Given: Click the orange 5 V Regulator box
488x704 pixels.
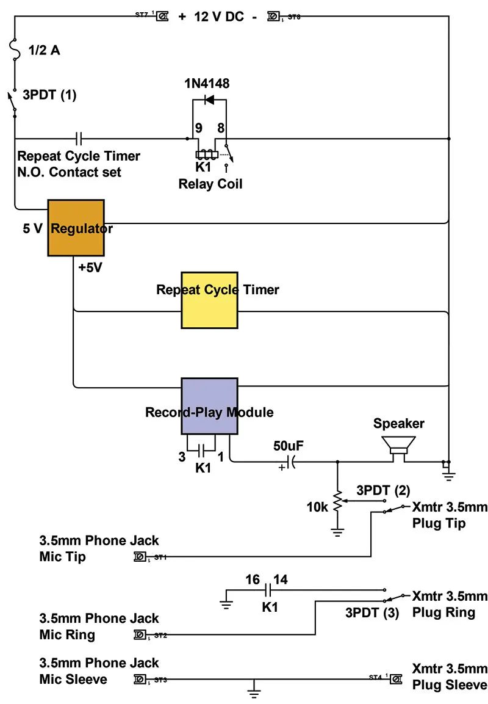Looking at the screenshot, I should click(76, 227).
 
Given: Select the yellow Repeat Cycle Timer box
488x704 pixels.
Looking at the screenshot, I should click(209, 300).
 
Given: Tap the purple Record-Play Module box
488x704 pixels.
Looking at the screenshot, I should click(209, 406).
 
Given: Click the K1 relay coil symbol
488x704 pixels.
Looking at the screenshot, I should click(207, 155).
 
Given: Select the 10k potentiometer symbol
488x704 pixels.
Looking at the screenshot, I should click(337, 501).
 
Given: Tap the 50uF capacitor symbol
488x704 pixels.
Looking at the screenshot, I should click(289, 462).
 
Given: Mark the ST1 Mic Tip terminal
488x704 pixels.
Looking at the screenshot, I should click(140, 557).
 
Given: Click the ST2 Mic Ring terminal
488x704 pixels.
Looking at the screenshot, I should click(140, 635).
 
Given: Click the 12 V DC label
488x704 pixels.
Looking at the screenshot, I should click(218, 17).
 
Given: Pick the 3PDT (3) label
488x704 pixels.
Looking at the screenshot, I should click(372, 613).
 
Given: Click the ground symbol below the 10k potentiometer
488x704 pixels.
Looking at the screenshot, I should click(337, 531).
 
